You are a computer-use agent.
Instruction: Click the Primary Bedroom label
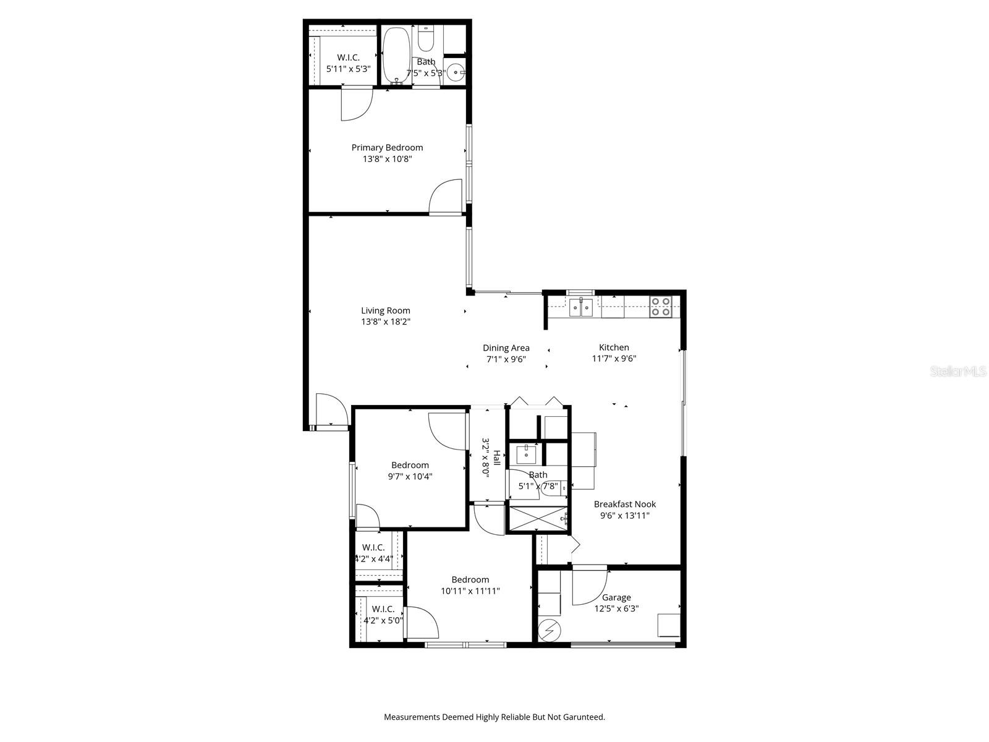(x=387, y=148)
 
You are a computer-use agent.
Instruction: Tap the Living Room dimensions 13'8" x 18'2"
(x=386, y=322)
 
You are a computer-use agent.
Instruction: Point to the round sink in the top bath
(x=456, y=72)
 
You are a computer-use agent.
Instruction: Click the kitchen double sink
(x=581, y=307)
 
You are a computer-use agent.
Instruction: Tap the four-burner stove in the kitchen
(x=661, y=307)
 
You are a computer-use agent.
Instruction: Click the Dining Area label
(x=506, y=348)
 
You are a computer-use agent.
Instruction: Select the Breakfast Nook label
(x=625, y=505)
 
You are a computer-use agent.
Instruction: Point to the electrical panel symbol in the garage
(x=548, y=631)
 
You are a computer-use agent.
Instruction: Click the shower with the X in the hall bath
(x=536, y=519)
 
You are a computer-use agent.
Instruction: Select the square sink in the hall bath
(x=526, y=454)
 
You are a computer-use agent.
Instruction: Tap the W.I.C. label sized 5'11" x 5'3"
(x=348, y=58)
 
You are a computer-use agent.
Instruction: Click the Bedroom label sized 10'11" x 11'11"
(x=470, y=580)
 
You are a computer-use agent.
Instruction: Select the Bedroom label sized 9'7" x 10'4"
(x=410, y=466)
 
